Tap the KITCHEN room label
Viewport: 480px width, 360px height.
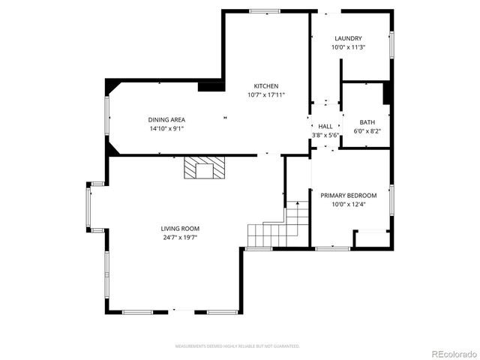(x=266, y=86)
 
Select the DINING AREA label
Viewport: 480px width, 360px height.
(x=166, y=120)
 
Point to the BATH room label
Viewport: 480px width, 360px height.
(x=367, y=122)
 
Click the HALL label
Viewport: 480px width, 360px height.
(x=325, y=127)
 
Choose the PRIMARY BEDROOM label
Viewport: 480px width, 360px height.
(x=349, y=196)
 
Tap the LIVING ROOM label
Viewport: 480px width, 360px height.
(x=180, y=229)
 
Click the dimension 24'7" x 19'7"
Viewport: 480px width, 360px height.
(x=180, y=237)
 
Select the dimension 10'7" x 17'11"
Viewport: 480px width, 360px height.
(x=266, y=95)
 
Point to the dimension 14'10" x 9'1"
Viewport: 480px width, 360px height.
(x=166, y=128)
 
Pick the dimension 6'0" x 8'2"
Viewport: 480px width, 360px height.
(x=367, y=131)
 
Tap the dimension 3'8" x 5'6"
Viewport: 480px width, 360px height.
(x=325, y=135)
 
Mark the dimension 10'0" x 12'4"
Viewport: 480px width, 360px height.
(x=349, y=204)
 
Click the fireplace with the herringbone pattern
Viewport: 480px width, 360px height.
(x=204, y=168)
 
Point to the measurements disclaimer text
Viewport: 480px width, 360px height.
(x=237, y=346)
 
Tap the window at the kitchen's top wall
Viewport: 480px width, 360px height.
(x=265, y=10)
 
